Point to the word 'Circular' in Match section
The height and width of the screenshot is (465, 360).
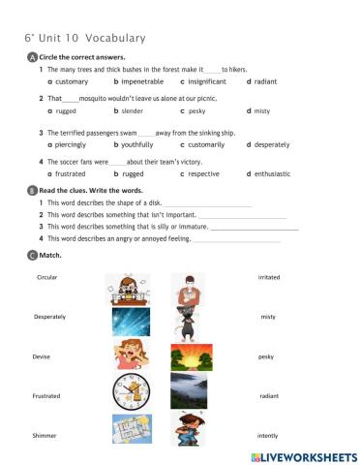click(x=47, y=277)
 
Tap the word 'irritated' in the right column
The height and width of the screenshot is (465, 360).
click(x=269, y=277)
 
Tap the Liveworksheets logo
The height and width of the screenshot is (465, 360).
click(x=303, y=455)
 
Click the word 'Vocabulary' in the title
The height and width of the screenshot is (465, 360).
click(x=115, y=38)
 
